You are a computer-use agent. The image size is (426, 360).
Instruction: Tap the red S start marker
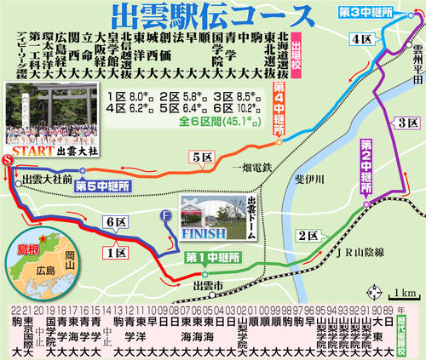[8, 160]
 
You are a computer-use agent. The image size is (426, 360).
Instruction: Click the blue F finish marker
[168, 214]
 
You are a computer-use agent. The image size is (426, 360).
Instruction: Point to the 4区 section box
[360, 38]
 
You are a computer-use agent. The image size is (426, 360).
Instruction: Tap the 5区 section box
[201, 157]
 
